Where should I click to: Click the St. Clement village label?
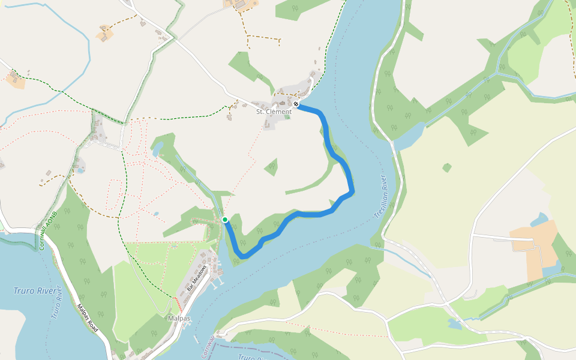(274, 112)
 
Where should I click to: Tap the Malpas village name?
(179, 318)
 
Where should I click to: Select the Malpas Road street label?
(87, 318)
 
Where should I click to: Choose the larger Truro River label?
(31, 291)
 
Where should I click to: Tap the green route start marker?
(225, 220)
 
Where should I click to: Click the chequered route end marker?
(296, 104)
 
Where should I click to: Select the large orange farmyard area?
(534, 249)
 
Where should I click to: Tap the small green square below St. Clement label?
(287, 117)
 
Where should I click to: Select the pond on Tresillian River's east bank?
(409, 138)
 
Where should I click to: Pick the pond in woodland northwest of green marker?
(157, 148)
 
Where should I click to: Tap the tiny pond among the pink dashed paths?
(156, 214)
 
